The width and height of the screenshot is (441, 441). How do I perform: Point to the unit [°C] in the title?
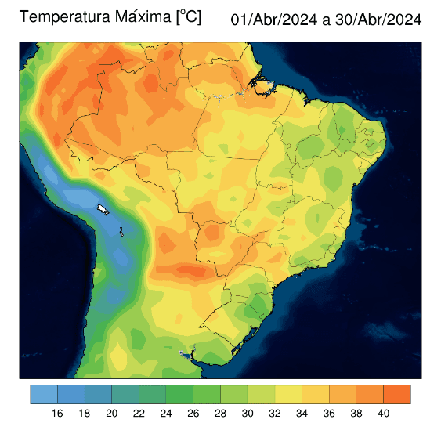(x=188, y=17)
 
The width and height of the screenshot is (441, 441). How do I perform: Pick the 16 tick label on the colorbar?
(x=57, y=414)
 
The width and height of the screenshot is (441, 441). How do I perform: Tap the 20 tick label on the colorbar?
(x=111, y=414)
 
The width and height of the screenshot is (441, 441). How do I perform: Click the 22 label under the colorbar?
(x=139, y=414)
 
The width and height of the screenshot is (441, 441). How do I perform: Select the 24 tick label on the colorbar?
(x=166, y=414)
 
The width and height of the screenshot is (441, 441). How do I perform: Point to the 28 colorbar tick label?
(x=220, y=414)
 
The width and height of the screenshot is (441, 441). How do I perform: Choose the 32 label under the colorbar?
(x=275, y=414)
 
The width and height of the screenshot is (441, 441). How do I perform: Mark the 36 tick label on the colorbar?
(x=329, y=414)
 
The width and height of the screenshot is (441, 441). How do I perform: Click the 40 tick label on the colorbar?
(x=383, y=414)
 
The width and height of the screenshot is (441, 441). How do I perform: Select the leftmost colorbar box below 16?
(x=44, y=394)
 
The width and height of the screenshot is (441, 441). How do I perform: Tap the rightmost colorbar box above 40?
(x=397, y=394)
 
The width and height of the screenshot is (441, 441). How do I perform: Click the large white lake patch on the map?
(x=103, y=209)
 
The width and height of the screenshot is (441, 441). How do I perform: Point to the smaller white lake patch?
(x=122, y=230)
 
